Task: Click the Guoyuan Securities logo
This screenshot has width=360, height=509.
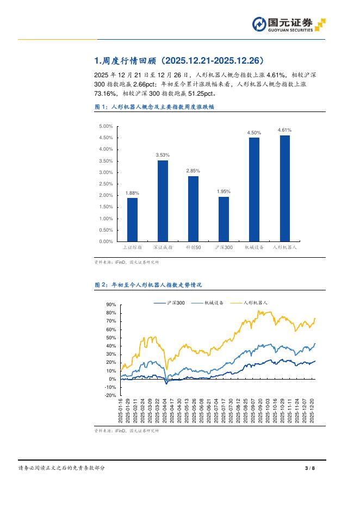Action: [x=289, y=25]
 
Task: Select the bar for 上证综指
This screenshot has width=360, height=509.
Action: [x=132, y=220]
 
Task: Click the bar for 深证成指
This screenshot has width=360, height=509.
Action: [x=163, y=201]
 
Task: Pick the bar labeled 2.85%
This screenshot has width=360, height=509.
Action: [x=193, y=209]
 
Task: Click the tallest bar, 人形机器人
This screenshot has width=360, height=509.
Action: [x=284, y=188]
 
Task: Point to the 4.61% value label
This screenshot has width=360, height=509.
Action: [x=284, y=130]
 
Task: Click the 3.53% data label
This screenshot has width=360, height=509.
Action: [x=163, y=155]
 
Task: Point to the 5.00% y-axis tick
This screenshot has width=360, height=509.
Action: [x=106, y=126]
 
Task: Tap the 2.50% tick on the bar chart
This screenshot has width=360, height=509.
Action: [x=106, y=184]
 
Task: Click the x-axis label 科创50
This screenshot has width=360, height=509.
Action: [x=193, y=247]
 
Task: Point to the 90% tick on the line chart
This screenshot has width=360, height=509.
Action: [x=111, y=305]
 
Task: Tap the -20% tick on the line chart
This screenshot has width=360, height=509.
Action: [x=110, y=395]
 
